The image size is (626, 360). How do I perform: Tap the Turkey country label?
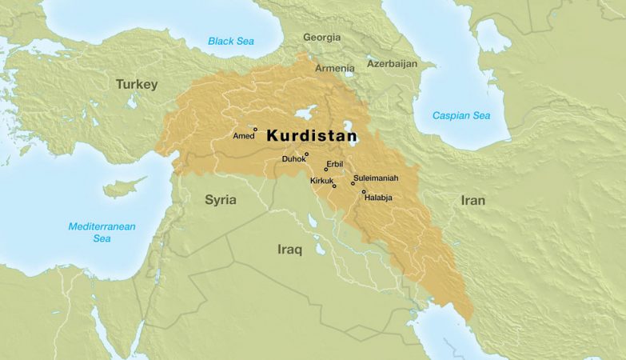coord(137,84)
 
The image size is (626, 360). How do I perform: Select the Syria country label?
coord(221,199)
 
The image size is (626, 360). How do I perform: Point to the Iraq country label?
coord(289,250)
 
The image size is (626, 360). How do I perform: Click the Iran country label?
coord(472,200)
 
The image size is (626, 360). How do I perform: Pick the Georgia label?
coord(321,38)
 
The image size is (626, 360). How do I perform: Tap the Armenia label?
coord(334,68)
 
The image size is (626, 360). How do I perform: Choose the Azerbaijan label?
coord(392,63)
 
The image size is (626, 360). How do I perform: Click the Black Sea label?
coord(230,41)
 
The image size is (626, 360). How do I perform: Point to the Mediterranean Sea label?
coord(102,232)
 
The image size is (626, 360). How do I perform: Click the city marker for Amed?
coord(256,129)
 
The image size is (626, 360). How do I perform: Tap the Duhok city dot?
coord(306,154)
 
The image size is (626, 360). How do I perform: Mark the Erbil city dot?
coord(325,169)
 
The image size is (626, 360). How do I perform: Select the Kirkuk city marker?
coord(334,186)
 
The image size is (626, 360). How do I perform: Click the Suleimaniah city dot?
coord(353,183)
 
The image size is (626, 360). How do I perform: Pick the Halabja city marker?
coord(363,191)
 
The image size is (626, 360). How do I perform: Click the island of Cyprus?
coord(120,189)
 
